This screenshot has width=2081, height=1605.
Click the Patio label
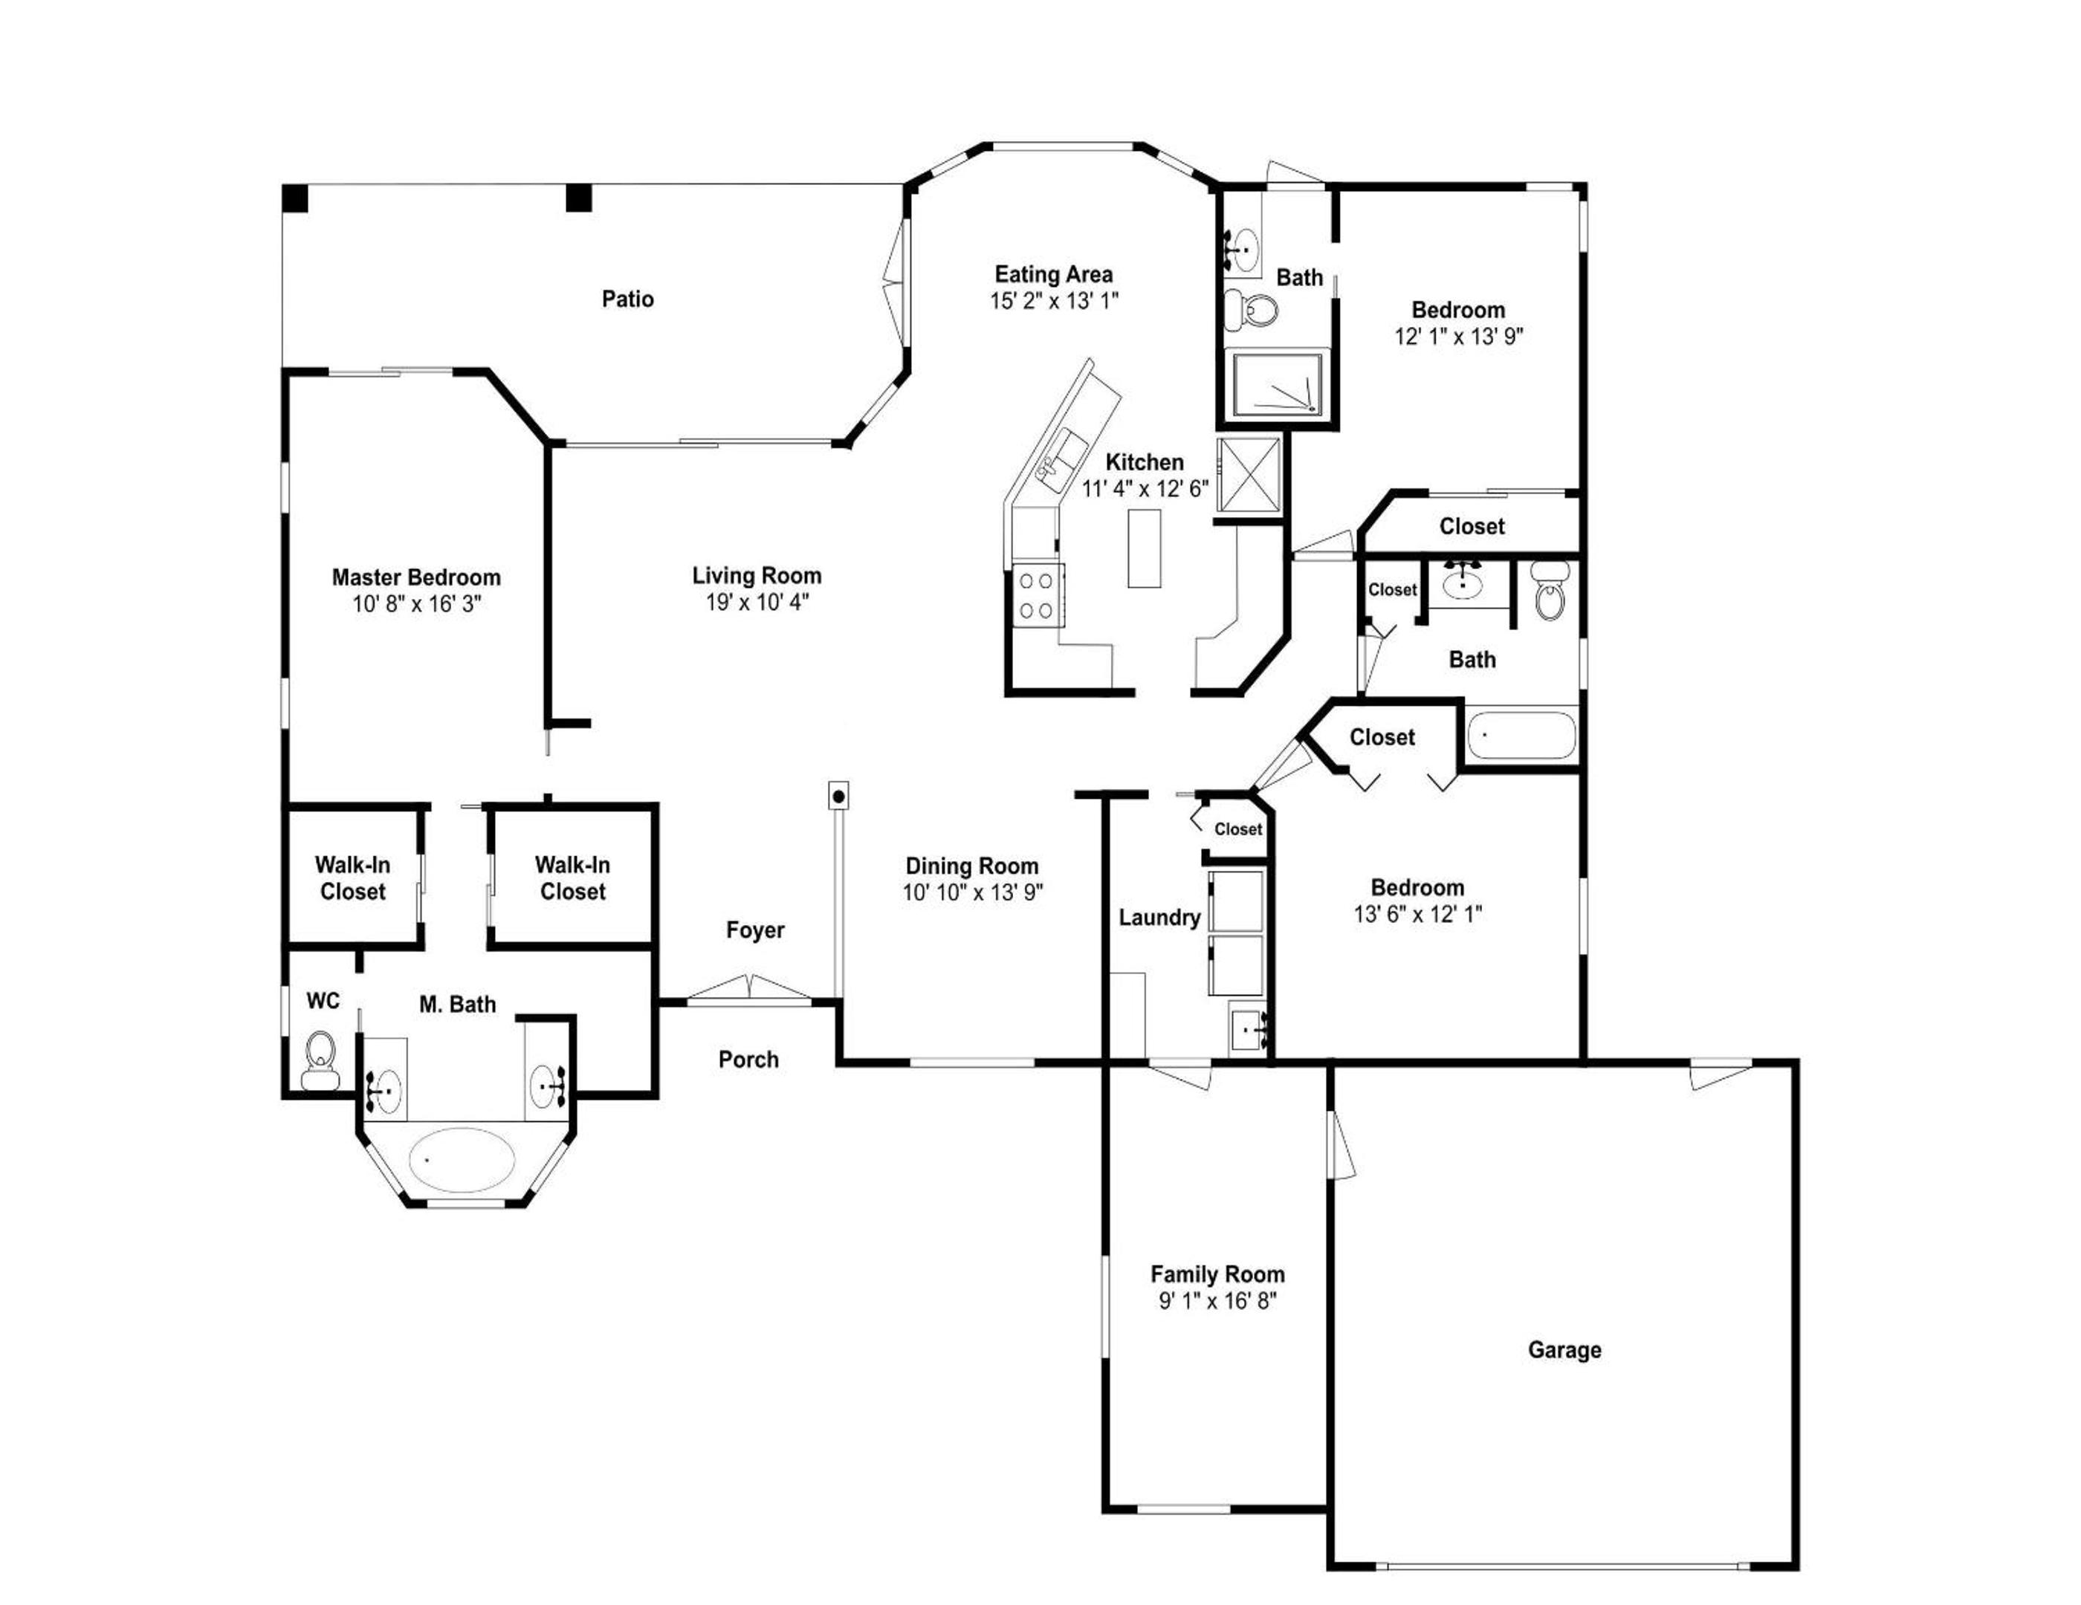tap(627, 299)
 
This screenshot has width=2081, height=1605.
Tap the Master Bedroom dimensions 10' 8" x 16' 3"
tap(416, 604)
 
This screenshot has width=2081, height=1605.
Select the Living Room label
tap(757, 575)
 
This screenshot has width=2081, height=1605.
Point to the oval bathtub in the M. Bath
tap(462, 1159)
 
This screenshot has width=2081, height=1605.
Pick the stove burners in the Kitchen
tap(1036, 594)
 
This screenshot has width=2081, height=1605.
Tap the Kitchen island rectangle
tap(1145, 548)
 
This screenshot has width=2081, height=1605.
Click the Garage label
tap(1564, 1349)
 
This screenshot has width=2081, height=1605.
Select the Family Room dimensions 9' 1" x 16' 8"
tap(1217, 1300)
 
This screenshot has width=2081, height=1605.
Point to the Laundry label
tap(1159, 917)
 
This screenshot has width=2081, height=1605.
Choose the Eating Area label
tap(1053, 274)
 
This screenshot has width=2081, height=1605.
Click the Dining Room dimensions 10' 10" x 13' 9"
tap(973, 892)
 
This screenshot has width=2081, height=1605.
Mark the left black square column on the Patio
tap(295, 198)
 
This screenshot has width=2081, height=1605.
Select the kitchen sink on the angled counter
tap(1061, 460)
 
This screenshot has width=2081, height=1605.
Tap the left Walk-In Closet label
tap(352, 878)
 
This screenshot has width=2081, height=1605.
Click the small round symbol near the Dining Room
tap(838, 797)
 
